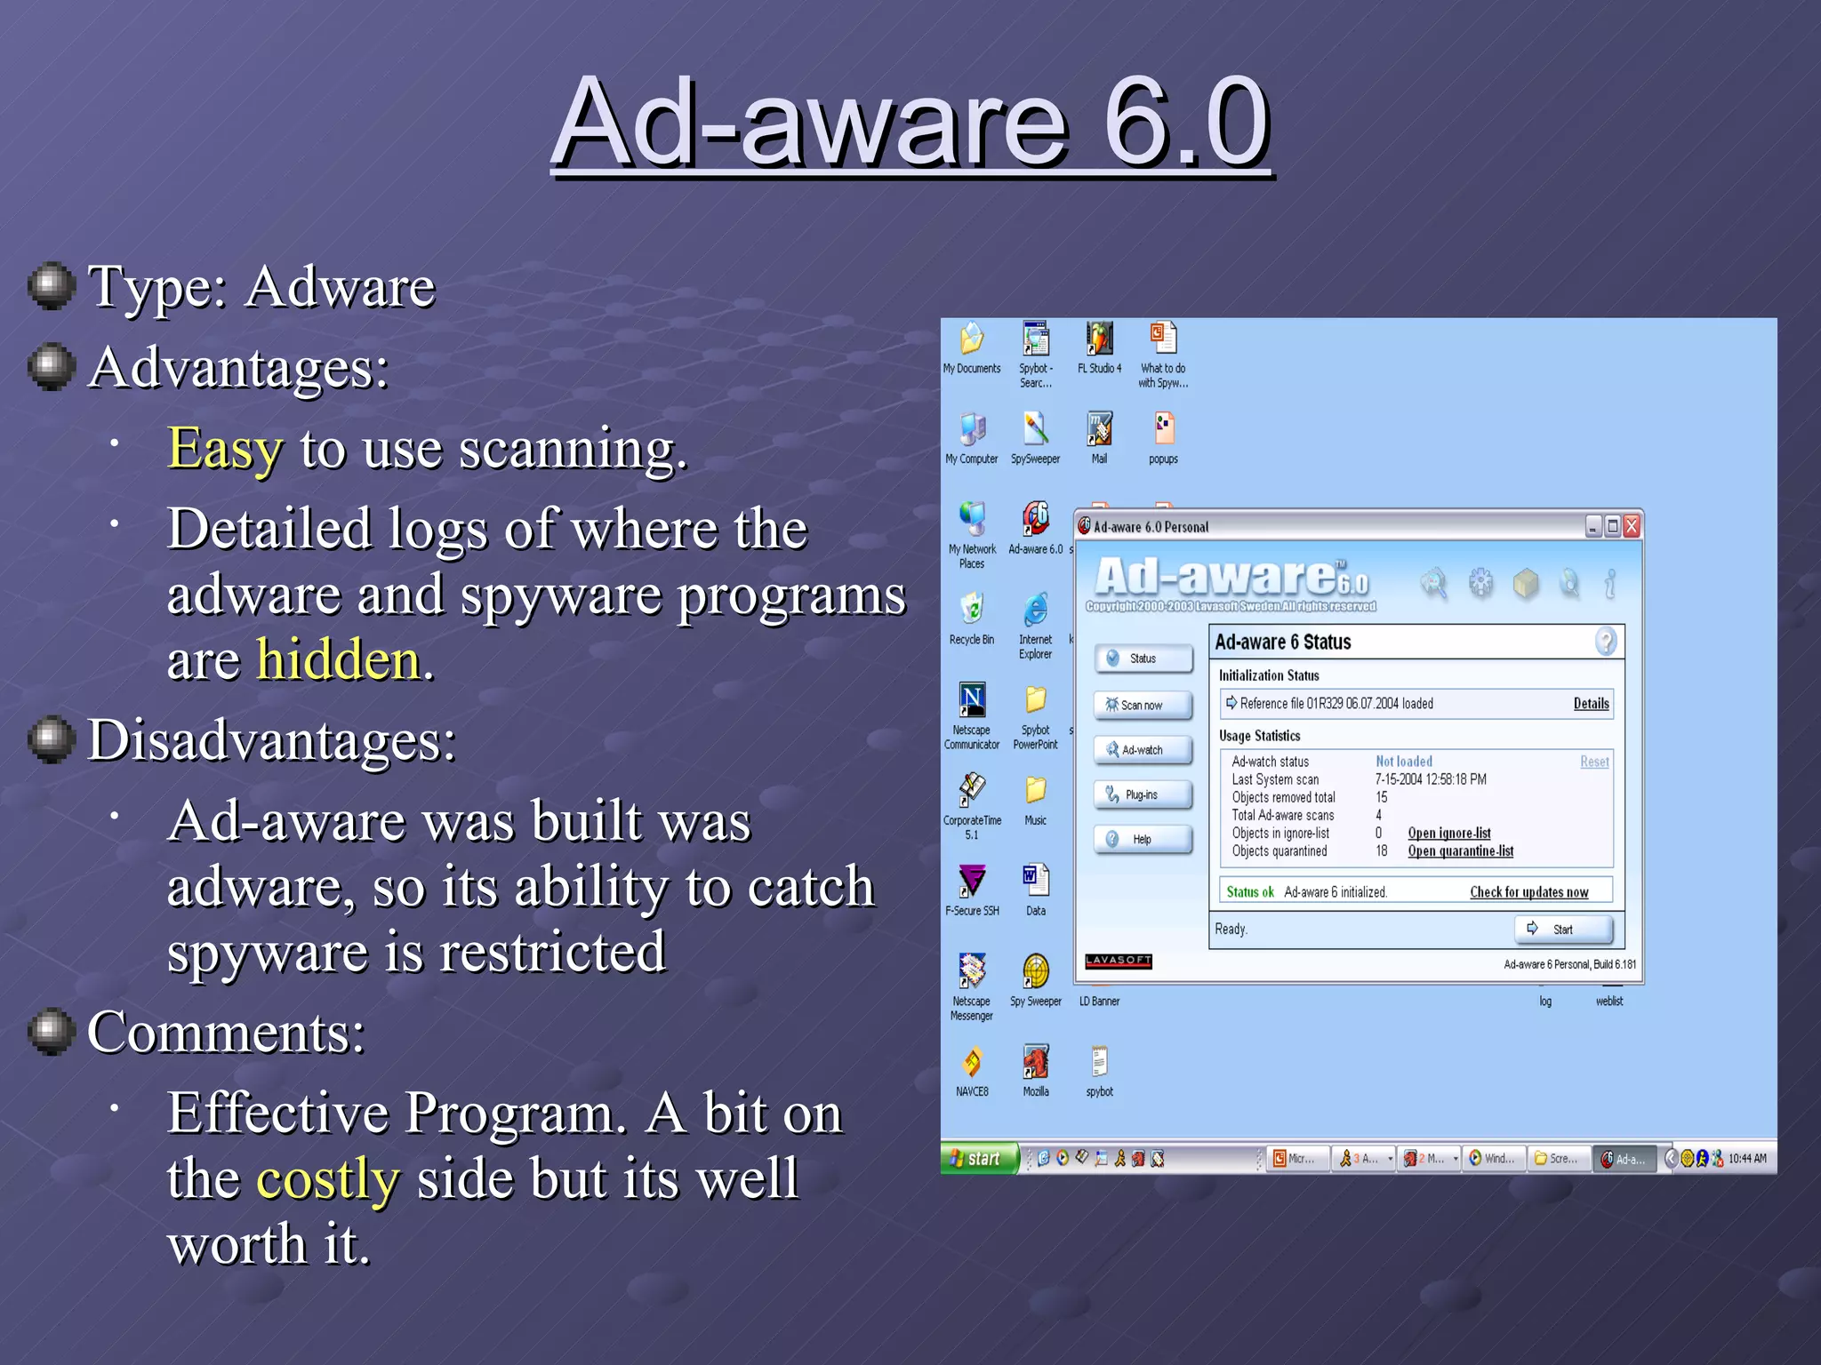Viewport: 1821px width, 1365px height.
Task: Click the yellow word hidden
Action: [338, 660]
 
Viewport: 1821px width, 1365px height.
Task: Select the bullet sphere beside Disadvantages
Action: [52, 738]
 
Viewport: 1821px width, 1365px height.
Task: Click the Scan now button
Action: [1143, 705]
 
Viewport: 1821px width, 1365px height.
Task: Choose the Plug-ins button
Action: [1143, 794]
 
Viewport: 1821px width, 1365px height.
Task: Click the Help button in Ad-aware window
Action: [1143, 839]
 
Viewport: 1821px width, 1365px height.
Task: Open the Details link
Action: [1591, 704]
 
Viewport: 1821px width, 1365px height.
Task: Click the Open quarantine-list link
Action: [1460, 851]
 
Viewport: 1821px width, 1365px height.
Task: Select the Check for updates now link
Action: [1528, 892]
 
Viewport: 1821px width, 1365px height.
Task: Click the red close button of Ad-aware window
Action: [1631, 526]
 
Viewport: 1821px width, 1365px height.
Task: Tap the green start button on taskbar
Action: [979, 1158]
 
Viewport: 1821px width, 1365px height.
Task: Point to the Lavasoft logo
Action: [1118, 961]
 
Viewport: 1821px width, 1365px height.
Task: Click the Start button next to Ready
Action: [1562, 930]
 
